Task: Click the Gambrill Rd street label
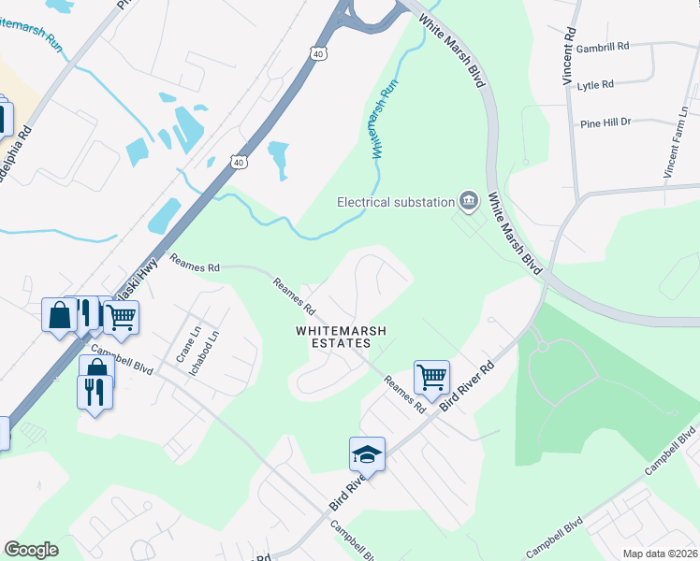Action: pos(603,46)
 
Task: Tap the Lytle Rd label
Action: pos(595,84)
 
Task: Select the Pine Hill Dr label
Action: pos(605,122)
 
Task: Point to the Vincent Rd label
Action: pos(568,56)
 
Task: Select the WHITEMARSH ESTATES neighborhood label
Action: pos(333,337)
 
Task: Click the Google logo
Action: pos(32,550)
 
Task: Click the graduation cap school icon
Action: pos(367,454)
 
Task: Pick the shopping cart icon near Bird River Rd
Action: pos(431,378)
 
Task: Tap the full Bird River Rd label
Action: pos(474,379)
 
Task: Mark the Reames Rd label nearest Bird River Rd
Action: pos(406,394)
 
